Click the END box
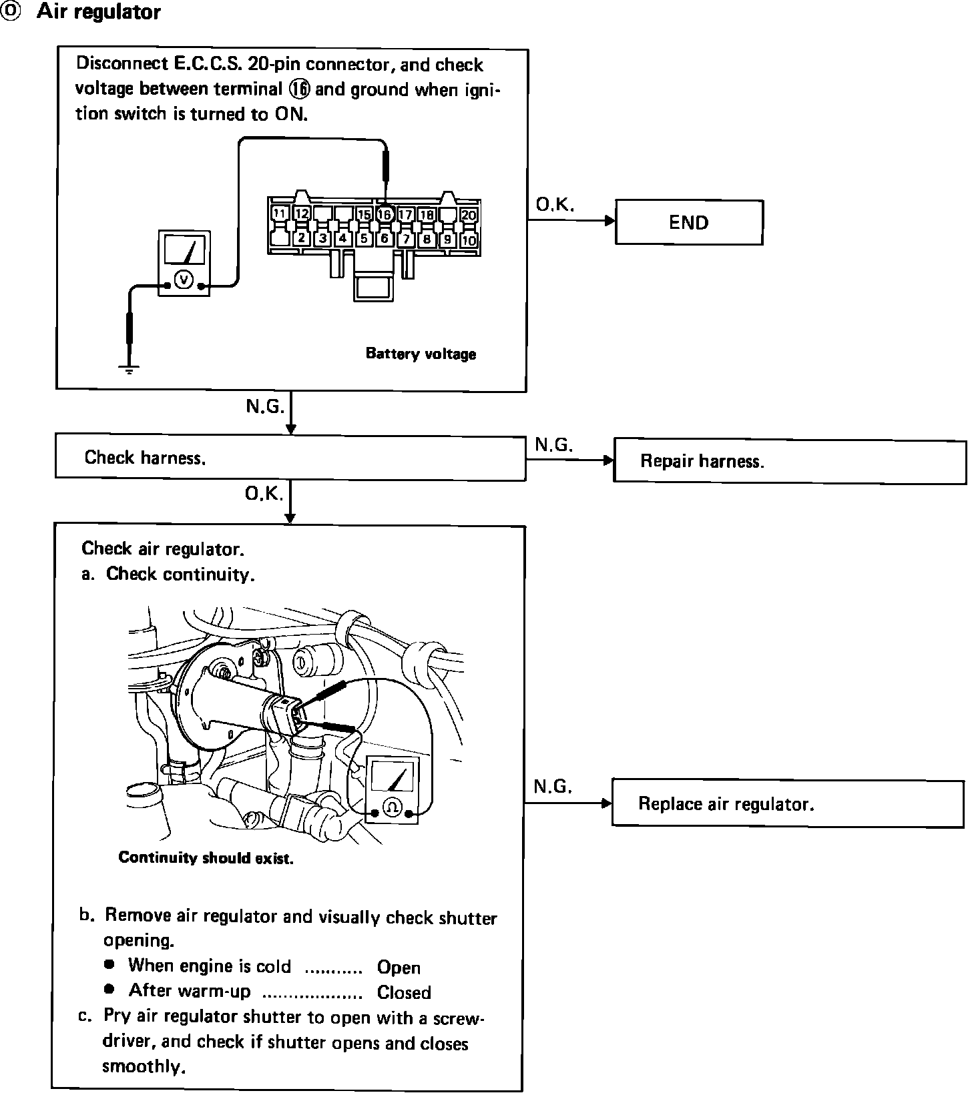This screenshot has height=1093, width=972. tap(688, 222)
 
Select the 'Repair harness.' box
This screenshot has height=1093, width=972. tap(788, 460)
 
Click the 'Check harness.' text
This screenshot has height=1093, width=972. tap(145, 458)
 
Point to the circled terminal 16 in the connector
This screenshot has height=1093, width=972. tap(384, 214)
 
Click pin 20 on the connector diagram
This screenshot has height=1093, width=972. tap(469, 215)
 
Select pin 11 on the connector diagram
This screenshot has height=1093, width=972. tap(280, 214)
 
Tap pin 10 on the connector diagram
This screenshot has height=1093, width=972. tap(469, 240)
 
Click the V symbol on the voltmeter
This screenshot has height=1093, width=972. tap(183, 281)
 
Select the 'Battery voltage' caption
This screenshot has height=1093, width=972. tap(421, 354)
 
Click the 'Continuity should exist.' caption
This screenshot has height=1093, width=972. tap(206, 858)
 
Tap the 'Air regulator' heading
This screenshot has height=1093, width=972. tap(98, 12)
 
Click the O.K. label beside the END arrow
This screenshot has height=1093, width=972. tap(554, 205)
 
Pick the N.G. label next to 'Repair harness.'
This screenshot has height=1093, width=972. tap(554, 444)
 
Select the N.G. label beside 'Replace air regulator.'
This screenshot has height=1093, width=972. tap(553, 787)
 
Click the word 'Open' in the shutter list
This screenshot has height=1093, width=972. tap(399, 968)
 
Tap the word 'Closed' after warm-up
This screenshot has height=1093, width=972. tap(404, 992)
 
